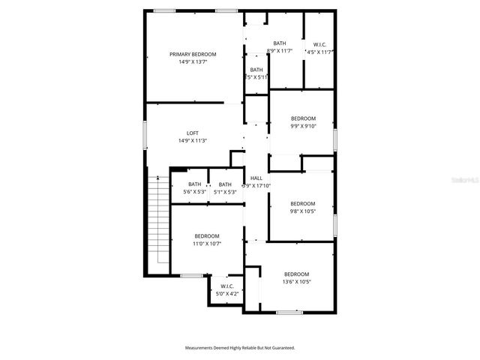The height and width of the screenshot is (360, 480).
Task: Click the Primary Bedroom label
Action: (193, 54)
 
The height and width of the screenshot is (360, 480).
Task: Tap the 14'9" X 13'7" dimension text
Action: (193, 62)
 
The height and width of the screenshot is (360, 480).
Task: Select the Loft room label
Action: (193, 133)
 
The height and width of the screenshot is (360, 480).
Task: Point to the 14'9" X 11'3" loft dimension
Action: (193, 141)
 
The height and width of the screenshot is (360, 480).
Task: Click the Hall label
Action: (256, 178)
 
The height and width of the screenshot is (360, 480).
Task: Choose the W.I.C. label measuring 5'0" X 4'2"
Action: (226, 286)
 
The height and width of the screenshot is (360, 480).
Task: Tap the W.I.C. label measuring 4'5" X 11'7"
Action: (319, 43)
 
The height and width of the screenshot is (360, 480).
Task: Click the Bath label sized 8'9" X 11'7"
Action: (280, 43)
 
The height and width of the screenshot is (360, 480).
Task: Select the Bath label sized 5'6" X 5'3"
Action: (194, 184)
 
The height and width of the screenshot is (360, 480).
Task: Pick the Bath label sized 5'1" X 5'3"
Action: (225, 184)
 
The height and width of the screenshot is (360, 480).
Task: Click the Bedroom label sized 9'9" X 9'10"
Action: (303, 118)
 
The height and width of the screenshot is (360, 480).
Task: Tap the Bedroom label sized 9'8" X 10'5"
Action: (303, 203)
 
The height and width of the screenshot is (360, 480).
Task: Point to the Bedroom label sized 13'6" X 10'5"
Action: (296, 274)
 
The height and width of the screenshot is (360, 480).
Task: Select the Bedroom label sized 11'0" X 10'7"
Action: (206, 236)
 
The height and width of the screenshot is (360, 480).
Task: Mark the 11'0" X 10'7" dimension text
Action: (206, 244)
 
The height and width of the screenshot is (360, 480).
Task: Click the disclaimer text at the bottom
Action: (240, 348)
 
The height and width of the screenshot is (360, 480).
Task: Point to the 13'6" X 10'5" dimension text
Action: (296, 282)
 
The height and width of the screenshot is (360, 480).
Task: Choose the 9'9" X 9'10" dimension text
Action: (303, 126)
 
